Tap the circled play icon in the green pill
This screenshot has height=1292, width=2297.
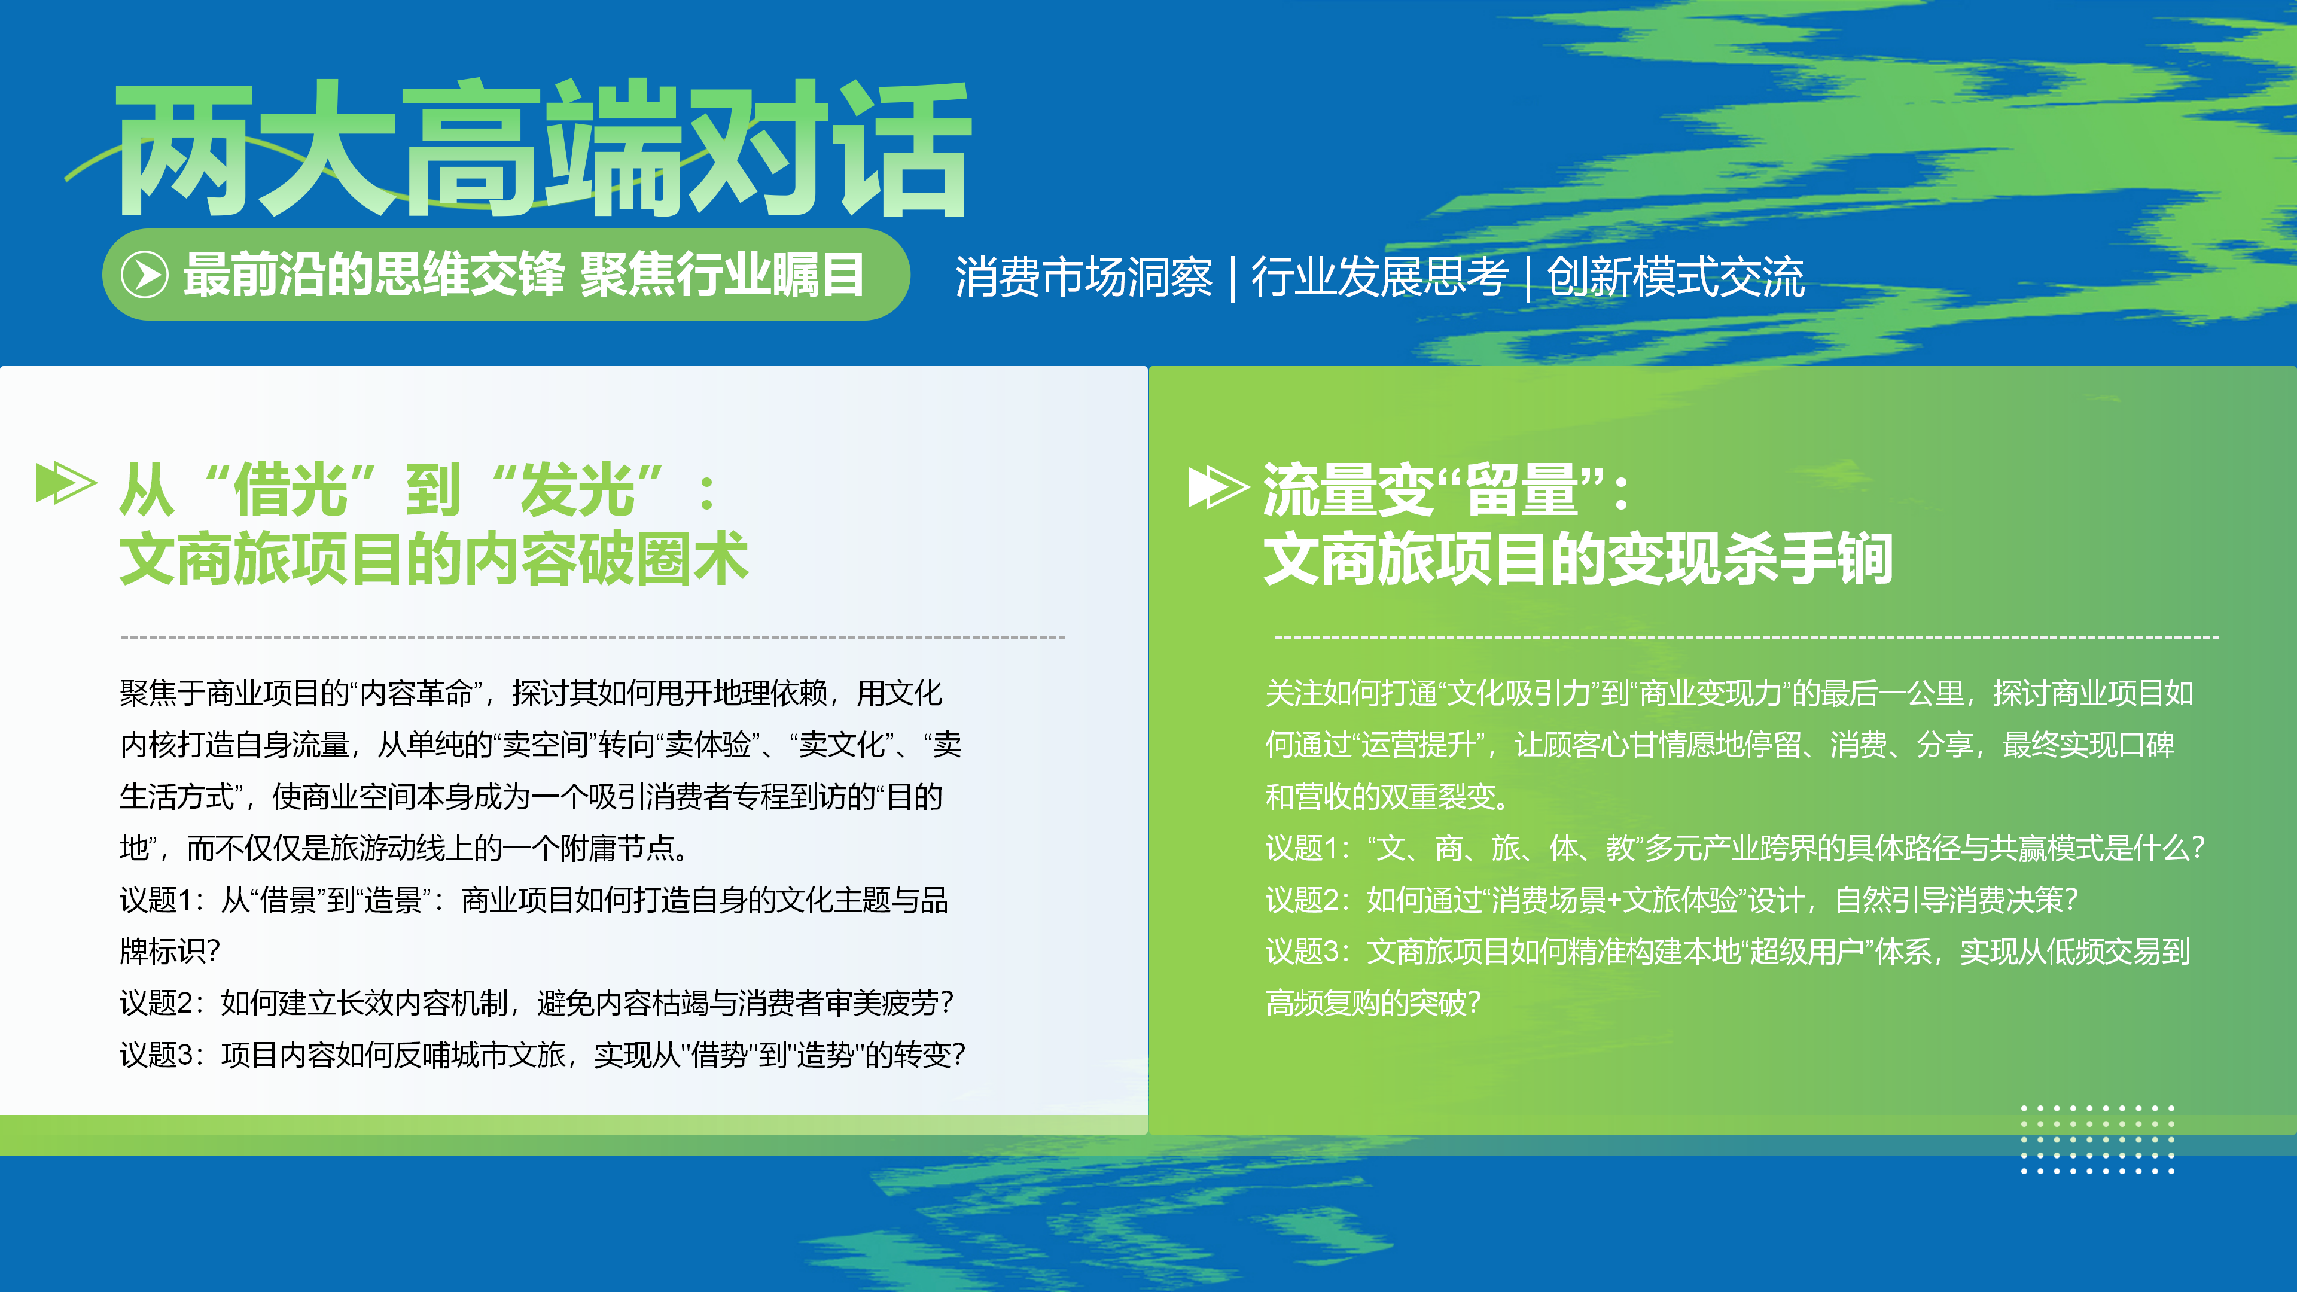coord(144,274)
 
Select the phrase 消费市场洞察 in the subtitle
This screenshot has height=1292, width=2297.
coord(1083,276)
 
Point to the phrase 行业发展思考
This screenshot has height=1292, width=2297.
coord(1379,276)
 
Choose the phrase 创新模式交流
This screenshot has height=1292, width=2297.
coord(1675,276)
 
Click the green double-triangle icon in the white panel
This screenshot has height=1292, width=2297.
coord(66,483)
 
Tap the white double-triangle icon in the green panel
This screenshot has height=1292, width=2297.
coord(1218,487)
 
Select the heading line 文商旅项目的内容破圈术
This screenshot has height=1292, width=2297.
coord(434,559)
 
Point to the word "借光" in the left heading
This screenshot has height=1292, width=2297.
coord(290,489)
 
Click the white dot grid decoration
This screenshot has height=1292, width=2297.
coord(2097,1139)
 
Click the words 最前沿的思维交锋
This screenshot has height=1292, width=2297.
coord(374,274)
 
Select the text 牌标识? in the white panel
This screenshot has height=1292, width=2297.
coord(169,952)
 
